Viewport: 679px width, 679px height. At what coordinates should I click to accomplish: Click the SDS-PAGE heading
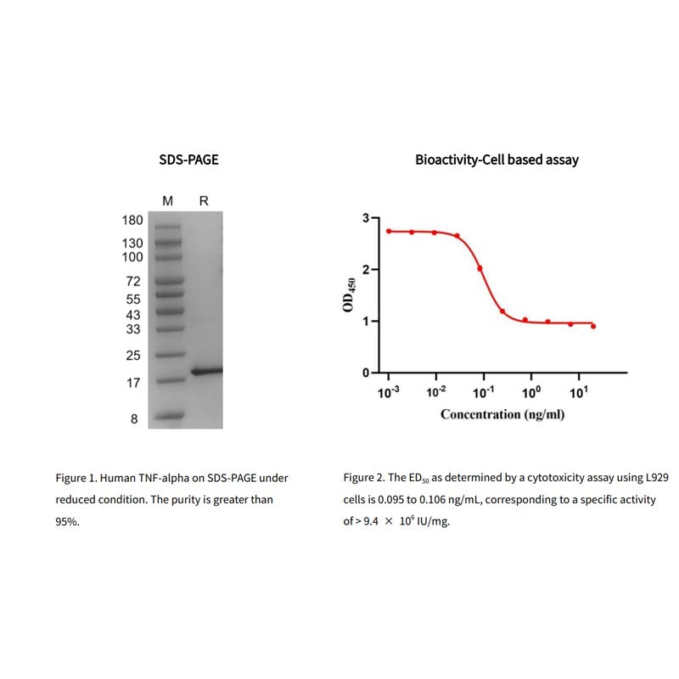click(188, 159)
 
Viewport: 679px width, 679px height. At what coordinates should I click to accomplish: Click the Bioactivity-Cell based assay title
click(497, 159)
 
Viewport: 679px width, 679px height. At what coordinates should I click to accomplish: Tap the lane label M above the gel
click(168, 200)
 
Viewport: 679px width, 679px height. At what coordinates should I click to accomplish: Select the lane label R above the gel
click(204, 200)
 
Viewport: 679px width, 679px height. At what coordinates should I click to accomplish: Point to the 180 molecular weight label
click(132, 221)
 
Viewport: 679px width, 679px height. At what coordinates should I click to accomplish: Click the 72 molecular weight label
click(132, 281)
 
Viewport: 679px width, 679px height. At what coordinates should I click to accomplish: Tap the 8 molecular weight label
click(133, 418)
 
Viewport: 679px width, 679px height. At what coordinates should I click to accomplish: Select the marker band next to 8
click(170, 417)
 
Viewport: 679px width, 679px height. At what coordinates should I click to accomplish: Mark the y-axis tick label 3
click(366, 218)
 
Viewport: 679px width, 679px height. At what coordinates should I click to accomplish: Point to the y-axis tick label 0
click(366, 373)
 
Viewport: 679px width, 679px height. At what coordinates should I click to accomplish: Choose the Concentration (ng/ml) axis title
click(502, 414)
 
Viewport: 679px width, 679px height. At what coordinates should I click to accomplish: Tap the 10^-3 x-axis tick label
click(389, 393)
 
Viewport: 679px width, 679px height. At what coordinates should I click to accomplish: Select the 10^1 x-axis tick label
click(579, 393)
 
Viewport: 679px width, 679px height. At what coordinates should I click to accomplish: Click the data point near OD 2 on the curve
click(480, 268)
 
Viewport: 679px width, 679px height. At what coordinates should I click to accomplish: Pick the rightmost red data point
click(593, 326)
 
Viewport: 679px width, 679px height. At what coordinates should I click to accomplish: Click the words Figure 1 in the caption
click(76, 479)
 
